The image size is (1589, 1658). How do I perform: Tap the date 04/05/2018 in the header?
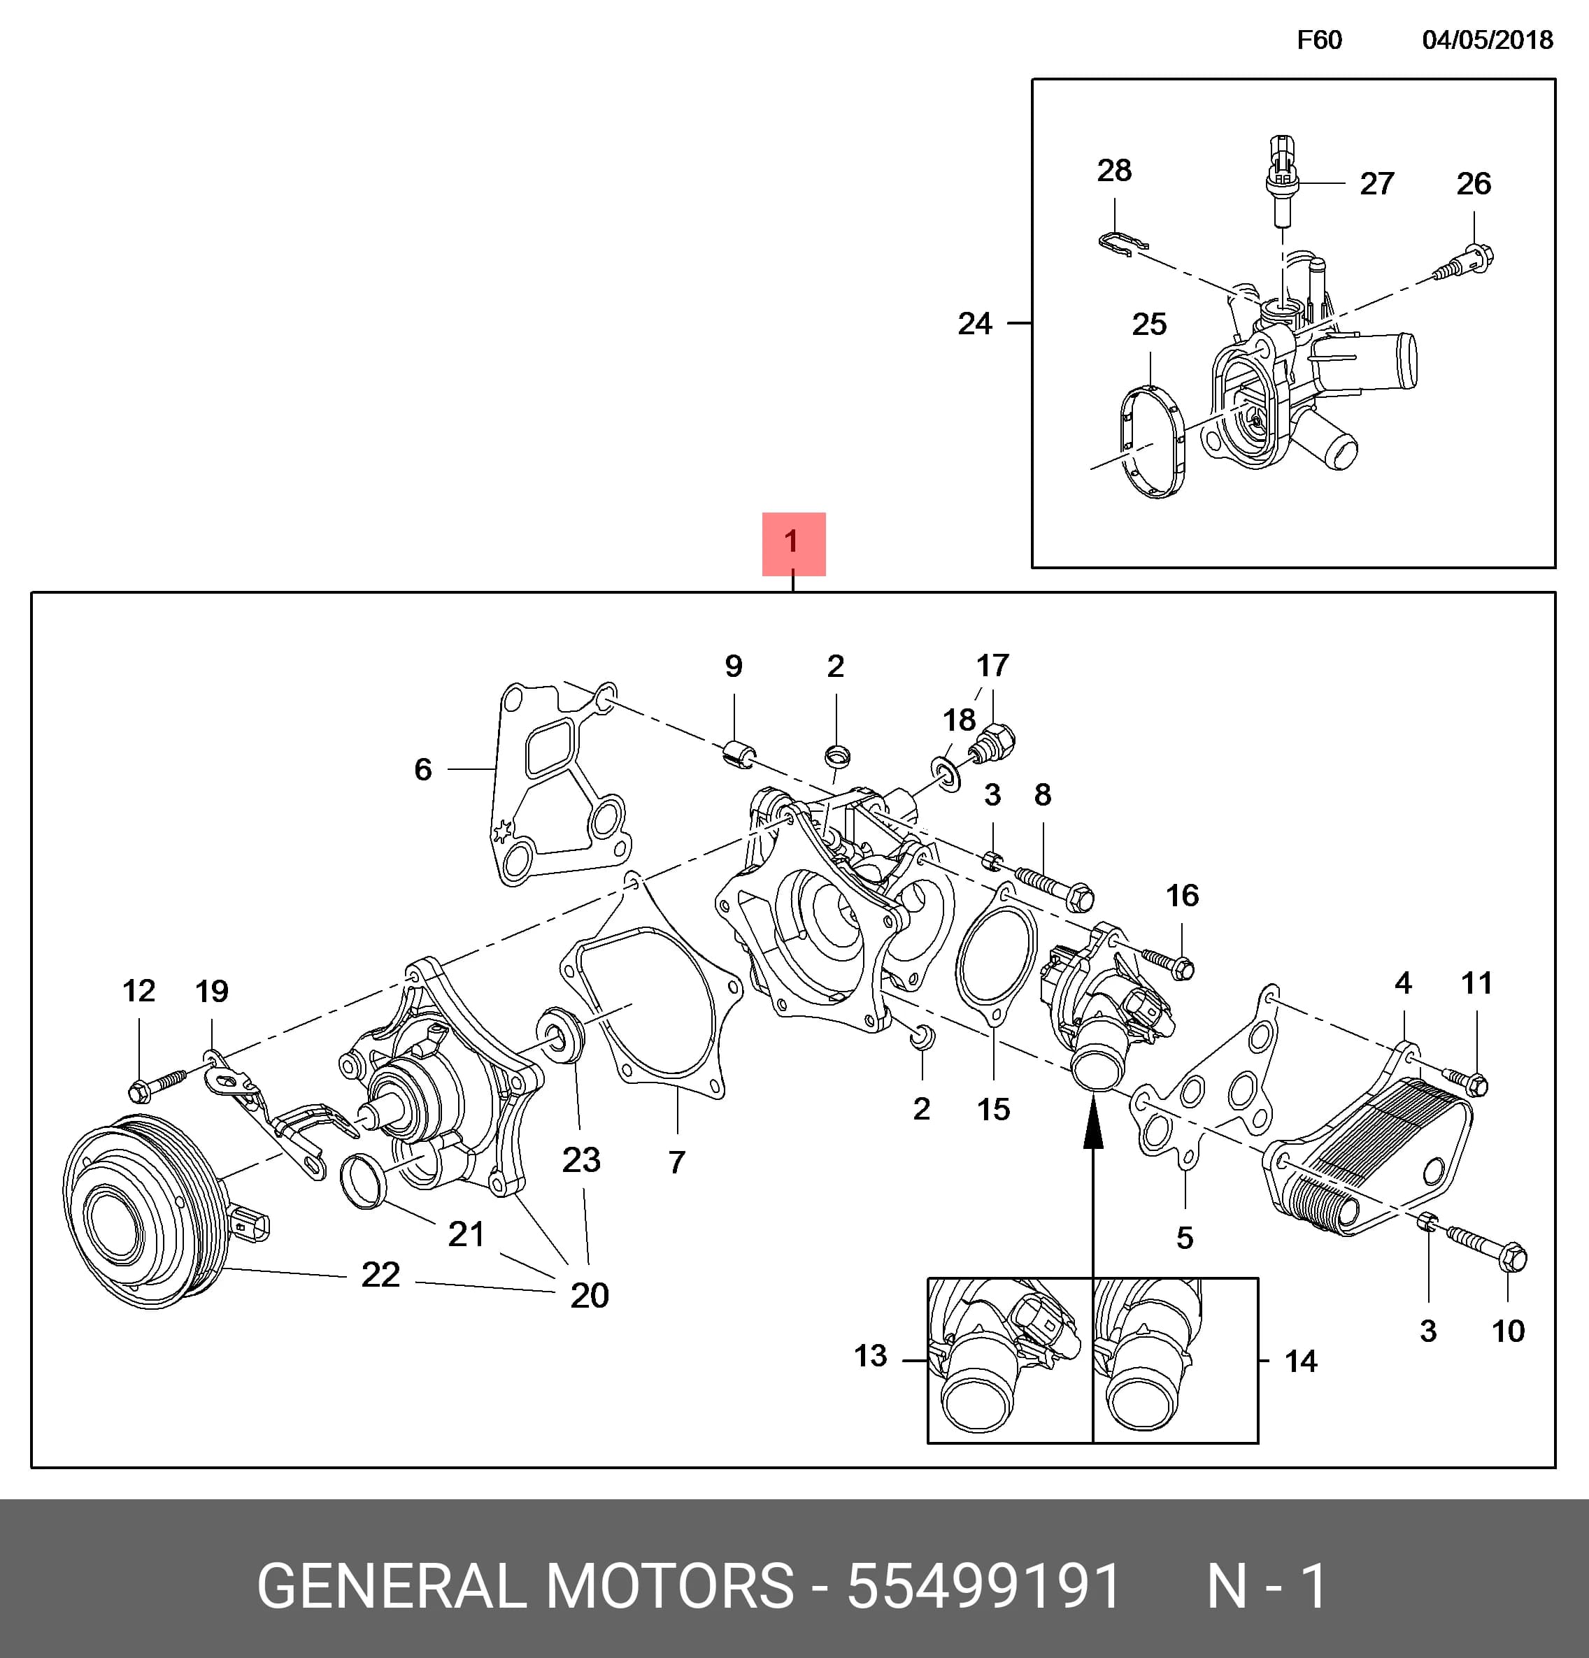[1488, 41]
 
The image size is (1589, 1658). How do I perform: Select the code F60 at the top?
[1319, 41]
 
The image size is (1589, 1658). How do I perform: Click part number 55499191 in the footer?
[984, 1586]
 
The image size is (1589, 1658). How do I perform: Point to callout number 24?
[975, 323]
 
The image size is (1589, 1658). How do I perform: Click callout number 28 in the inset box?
[1114, 170]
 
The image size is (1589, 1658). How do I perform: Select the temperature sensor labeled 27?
[1282, 181]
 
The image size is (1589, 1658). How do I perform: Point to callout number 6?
[423, 769]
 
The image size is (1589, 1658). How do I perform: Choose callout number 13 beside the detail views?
[870, 1356]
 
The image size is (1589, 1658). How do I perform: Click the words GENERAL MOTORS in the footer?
[525, 1586]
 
